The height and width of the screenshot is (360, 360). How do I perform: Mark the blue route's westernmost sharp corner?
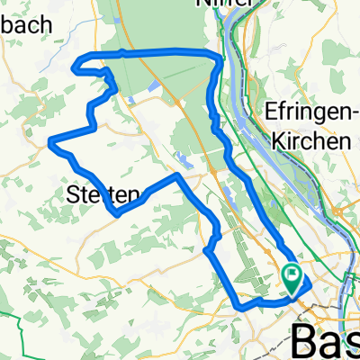coord(49,140)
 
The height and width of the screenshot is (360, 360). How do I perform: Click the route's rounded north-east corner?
coord(216,58)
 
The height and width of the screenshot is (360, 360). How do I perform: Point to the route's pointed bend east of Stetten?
coord(177,178)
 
